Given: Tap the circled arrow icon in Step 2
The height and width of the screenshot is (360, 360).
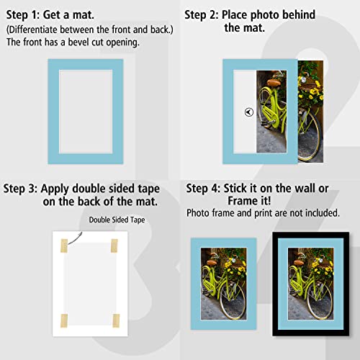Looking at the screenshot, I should tap(248, 112).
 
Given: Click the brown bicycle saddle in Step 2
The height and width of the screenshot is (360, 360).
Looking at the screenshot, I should tap(274, 83).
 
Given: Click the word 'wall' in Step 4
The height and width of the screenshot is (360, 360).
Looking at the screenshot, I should tap(302, 189).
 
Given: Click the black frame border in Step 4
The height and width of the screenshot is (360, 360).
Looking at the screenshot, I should tap(276, 288).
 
